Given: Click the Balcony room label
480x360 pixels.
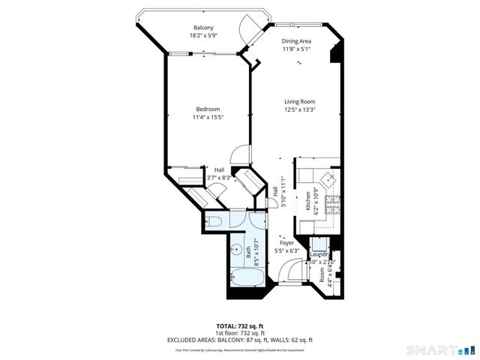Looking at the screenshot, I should pos(203,28).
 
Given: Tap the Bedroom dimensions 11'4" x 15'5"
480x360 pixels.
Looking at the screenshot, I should pos(208,117).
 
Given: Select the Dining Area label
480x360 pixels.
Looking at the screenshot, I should pos(297,42).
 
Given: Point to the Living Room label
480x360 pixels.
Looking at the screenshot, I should pos(299,101).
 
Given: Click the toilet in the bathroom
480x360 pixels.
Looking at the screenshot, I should pos(214,220).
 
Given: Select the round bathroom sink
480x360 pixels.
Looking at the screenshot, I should pos(234,251).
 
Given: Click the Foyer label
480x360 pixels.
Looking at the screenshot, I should pos(286,243).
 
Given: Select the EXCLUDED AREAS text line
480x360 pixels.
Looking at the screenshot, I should pos(239,340).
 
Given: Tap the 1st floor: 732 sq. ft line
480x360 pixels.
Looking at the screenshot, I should pos(239,333).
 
